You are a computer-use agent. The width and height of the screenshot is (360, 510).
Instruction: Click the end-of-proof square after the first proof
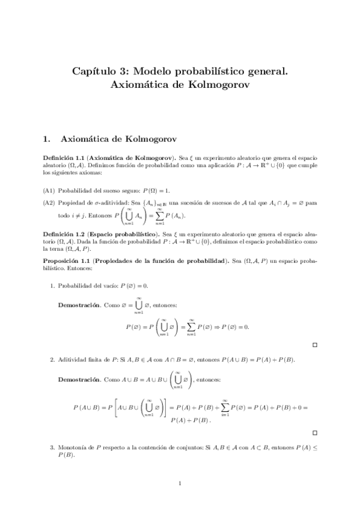pos(315,345)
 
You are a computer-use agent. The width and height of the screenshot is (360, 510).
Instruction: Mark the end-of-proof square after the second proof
pos(315,432)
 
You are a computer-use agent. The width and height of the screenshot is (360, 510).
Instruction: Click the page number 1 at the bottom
pos(180,483)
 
